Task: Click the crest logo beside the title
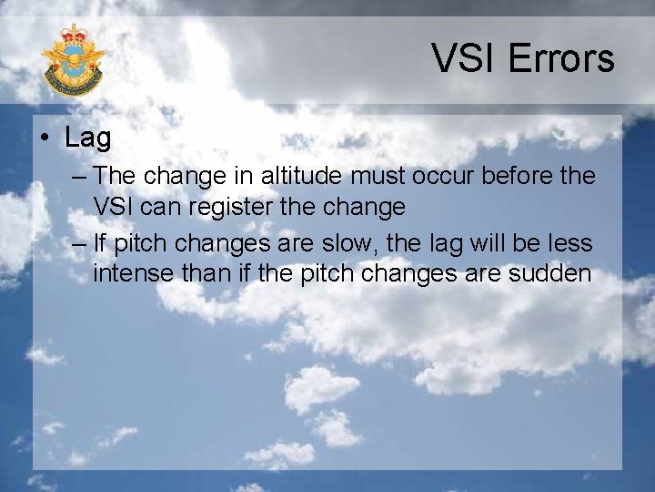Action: click(73, 61)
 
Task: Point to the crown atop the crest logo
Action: click(73, 37)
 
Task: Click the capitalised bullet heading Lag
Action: click(88, 138)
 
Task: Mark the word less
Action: click(572, 243)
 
